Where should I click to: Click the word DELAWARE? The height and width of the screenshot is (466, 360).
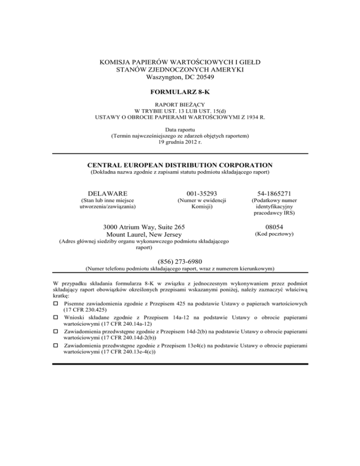[x=108, y=193]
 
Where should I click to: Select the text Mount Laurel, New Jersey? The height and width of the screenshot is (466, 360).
[x=143, y=234]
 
